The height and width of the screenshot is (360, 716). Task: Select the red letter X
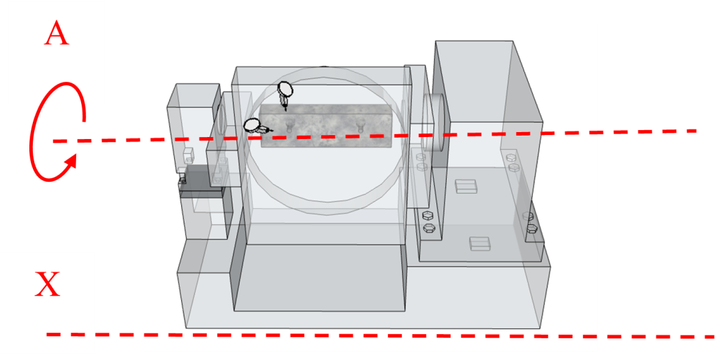[x=48, y=284]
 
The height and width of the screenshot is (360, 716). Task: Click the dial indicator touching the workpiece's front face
[x=257, y=126]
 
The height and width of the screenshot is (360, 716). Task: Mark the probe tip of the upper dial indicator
[x=285, y=109]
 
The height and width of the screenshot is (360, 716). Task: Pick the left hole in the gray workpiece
[x=289, y=125]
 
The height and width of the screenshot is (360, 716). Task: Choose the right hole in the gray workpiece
[x=361, y=124]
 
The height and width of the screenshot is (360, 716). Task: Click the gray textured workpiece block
[x=326, y=125]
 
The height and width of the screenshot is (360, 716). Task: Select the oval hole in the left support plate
[x=222, y=117]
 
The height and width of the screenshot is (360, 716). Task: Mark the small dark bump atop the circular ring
[x=324, y=66]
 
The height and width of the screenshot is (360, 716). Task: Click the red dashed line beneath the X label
[x=380, y=336]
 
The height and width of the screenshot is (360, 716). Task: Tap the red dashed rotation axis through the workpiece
[x=375, y=136]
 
